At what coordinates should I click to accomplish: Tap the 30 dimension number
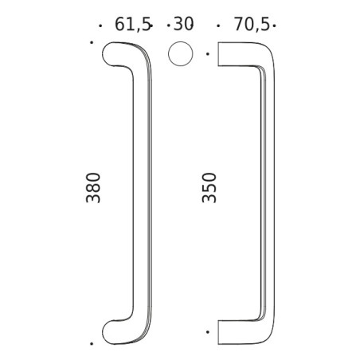click(x=184, y=25)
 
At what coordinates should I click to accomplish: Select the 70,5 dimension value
click(x=249, y=25)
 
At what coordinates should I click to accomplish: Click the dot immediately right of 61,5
click(x=151, y=25)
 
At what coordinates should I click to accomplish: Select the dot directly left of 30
click(x=167, y=25)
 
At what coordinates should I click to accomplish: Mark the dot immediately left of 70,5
click(x=219, y=25)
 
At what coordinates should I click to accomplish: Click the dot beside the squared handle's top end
click(x=208, y=54)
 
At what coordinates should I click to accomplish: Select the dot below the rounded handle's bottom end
click(x=92, y=343)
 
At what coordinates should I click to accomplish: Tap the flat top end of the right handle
click(x=219, y=54)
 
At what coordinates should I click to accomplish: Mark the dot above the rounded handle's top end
click(x=92, y=42)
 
